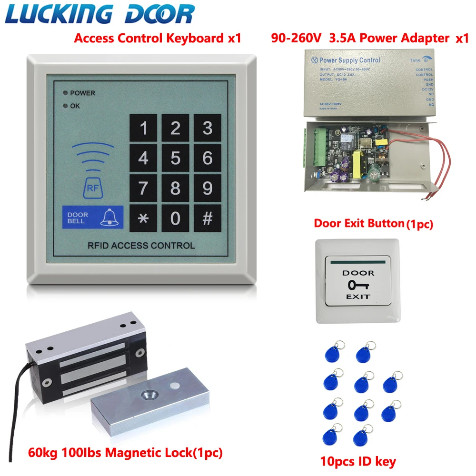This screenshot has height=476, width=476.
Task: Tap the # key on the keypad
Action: click(x=208, y=218)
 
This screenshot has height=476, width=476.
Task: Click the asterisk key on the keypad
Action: click(x=143, y=218)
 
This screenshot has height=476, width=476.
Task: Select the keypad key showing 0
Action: click(x=176, y=218)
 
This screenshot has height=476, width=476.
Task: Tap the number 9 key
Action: click(x=208, y=188)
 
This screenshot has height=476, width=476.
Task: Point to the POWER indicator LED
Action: click(x=64, y=93)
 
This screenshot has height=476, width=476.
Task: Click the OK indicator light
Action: click(x=64, y=106)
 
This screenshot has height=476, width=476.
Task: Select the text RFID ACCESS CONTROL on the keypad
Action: click(x=141, y=246)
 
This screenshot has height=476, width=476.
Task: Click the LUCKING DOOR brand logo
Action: click(x=100, y=14)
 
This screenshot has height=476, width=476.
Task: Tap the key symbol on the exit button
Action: click(x=358, y=286)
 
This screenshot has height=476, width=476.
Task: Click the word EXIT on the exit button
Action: click(x=358, y=297)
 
